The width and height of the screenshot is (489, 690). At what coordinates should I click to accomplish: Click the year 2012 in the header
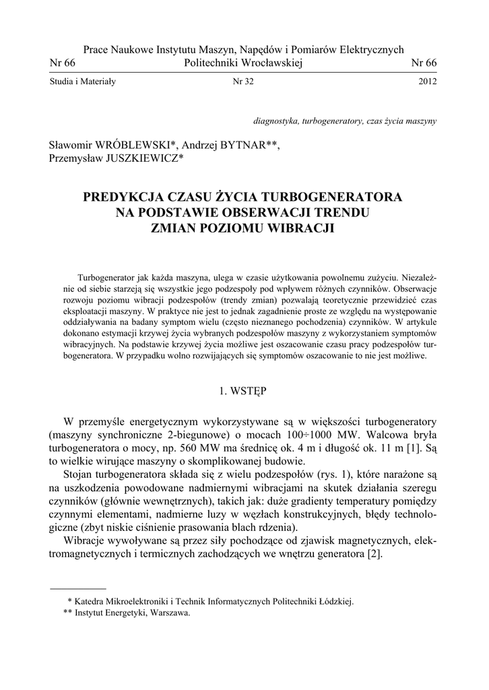click(427, 82)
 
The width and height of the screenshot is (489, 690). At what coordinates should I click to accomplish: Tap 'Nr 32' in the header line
click(244, 82)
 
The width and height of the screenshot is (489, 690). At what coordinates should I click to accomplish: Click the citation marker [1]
click(416, 447)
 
